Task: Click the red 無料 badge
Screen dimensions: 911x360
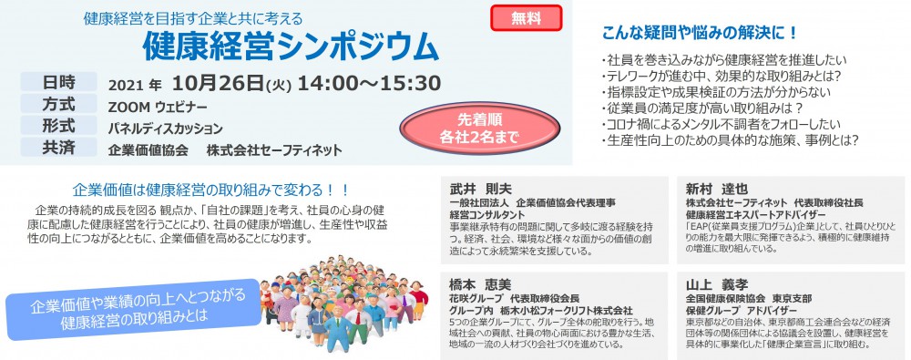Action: tap(527, 18)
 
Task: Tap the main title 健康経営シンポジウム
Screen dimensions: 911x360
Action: tap(292, 46)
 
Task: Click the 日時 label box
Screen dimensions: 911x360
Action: tap(58, 82)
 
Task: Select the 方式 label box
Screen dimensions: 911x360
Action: tap(58, 104)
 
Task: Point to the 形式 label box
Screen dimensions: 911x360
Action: tap(58, 125)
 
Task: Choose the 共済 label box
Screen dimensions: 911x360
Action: tap(58, 147)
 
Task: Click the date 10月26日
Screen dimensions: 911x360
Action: tap(218, 84)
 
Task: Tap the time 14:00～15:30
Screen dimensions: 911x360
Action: tap(370, 84)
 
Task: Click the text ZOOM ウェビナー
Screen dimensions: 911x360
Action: tap(158, 108)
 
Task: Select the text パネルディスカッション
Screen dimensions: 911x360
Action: tap(166, 129)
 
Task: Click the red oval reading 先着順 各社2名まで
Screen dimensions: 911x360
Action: tap(479, 129)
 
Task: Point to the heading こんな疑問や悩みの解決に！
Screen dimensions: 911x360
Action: tap(700, 33)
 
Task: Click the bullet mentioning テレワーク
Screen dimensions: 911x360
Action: tap(722, 76)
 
